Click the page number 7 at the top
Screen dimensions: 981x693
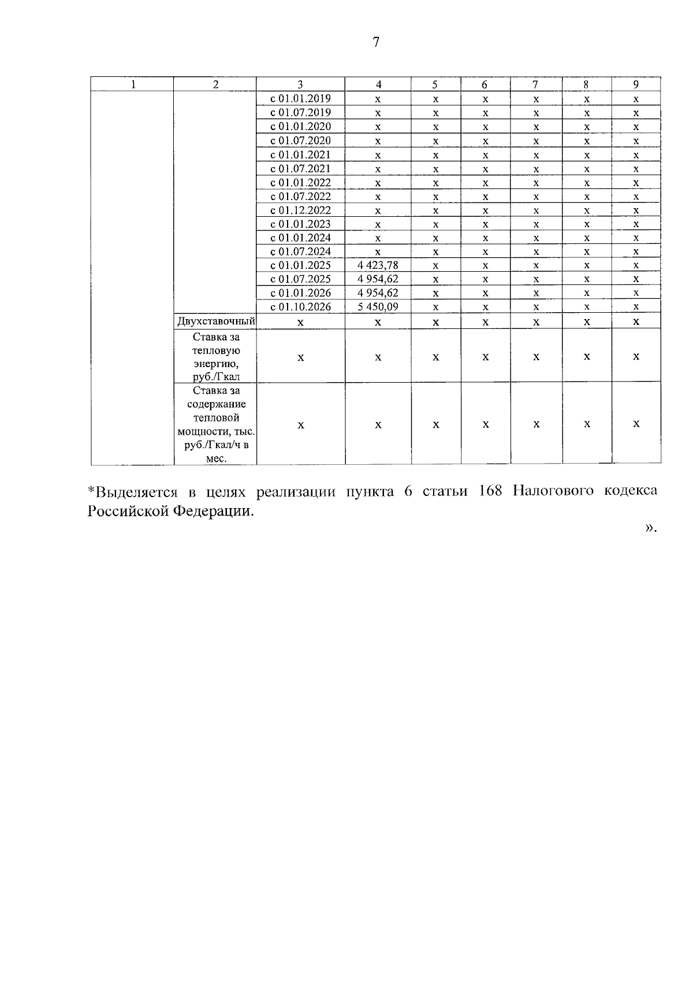pyautogui.click(x=376, y=42)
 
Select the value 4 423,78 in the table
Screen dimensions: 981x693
pyautogui.click(x=378, y=265)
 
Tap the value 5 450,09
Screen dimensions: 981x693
pyautogui.click(x=378, y=307)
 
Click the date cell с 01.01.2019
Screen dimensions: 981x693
pyautogui.click(x=300, y=99)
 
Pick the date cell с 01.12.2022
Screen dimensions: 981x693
pyautogui.click(x=300, y=210)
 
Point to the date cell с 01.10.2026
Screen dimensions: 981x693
pyautogui.click(x=300, y=307)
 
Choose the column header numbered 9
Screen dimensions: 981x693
pyautogui.click(x=636, y=84)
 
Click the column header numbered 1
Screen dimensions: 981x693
pyautogui.click(x=133, y=84)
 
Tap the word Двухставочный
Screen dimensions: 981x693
pyautogui.click(x=216, y=321)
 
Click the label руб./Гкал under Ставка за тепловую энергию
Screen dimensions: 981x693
pyautogui.click(x=217, y=377)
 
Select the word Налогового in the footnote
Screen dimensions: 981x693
pyautogui.click(x=553, y=491)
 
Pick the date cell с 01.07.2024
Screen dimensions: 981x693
pyautogui.click(x=300, y=251)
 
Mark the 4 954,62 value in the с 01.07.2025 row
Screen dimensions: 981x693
pyautogui.click(x=378, y=279)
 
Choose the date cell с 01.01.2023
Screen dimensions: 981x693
pyautogui.click(x=300, y=224)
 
